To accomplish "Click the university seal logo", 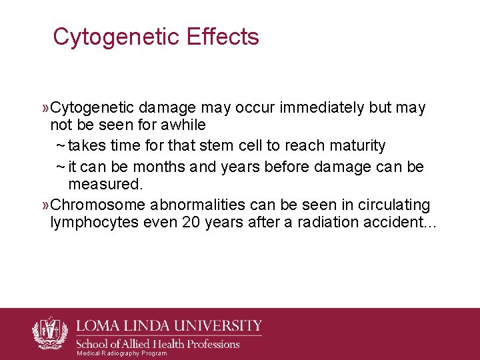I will (x=49, y=333).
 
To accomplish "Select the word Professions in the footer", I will (x=207, y=344).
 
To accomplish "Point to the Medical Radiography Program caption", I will (x=122, y=353).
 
